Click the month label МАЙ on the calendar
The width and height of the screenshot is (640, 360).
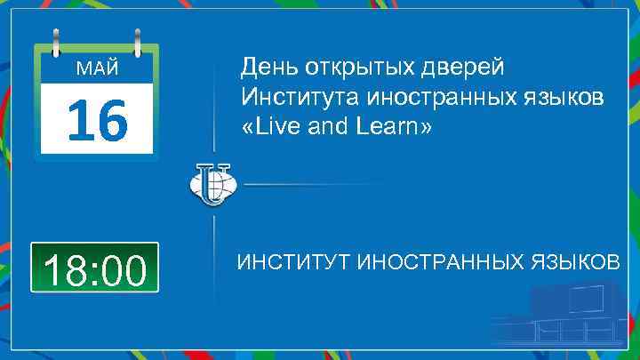(96, 69)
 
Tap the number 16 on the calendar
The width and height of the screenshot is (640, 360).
(96, 122)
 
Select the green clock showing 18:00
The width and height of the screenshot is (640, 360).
(95, 268)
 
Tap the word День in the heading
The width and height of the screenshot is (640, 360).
(269, 68)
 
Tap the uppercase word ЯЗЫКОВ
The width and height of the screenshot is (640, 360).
(575, 264)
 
